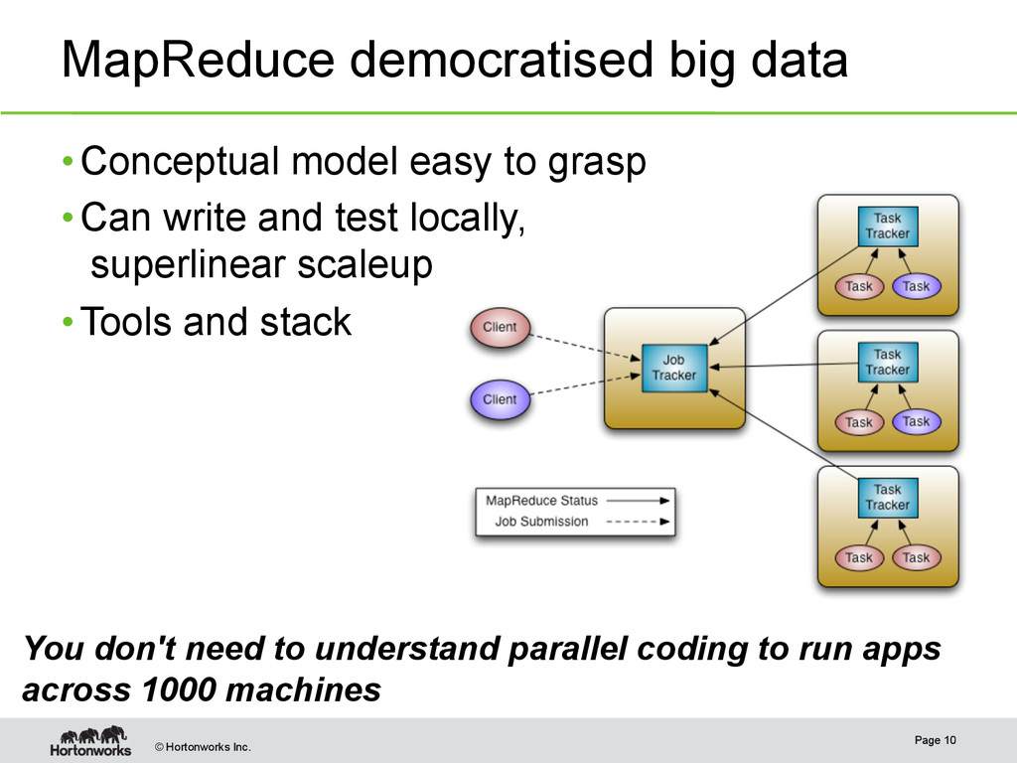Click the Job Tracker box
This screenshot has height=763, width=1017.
pos(674,368)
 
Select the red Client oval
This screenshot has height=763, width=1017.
pos(500,328)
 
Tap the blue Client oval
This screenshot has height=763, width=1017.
pos(500,400)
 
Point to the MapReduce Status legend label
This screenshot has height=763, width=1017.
pos(541,501)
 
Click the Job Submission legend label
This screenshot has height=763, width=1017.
pos(541,522)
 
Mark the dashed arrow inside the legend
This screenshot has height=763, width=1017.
pos(636,522)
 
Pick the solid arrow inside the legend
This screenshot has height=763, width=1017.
pos(636,501)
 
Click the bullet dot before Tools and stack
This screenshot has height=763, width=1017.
pos(66,323)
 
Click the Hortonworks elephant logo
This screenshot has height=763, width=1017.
pos(90,741)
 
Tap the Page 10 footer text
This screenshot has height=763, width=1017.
pos(936,740)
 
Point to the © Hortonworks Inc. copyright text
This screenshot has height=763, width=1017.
pos(202,747)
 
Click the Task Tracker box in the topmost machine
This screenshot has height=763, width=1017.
pos(887,226)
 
